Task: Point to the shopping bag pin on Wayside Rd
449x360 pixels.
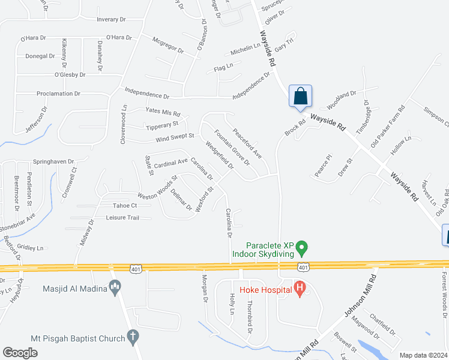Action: [300, 96]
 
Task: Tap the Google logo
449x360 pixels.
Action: [20, 353]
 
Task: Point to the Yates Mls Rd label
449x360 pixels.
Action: [163, 113]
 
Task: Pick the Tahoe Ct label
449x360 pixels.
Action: [125, 205]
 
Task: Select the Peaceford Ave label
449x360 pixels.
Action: [247, 144]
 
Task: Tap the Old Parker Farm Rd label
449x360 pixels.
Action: [388, 127]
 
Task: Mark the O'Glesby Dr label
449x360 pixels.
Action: [70, 75]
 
